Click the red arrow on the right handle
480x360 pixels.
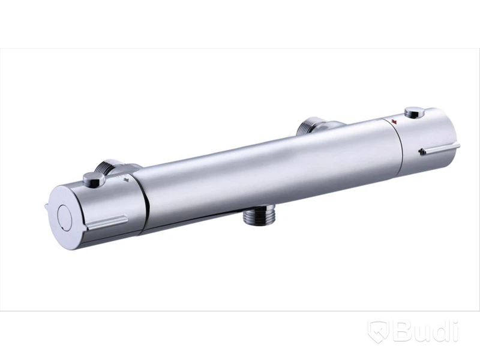coord(394,121)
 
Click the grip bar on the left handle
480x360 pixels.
coord(108,223)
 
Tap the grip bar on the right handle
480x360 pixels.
coord(440,149)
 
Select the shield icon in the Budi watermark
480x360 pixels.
coord(379,331)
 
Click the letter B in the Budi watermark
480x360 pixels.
coord(403,330)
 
